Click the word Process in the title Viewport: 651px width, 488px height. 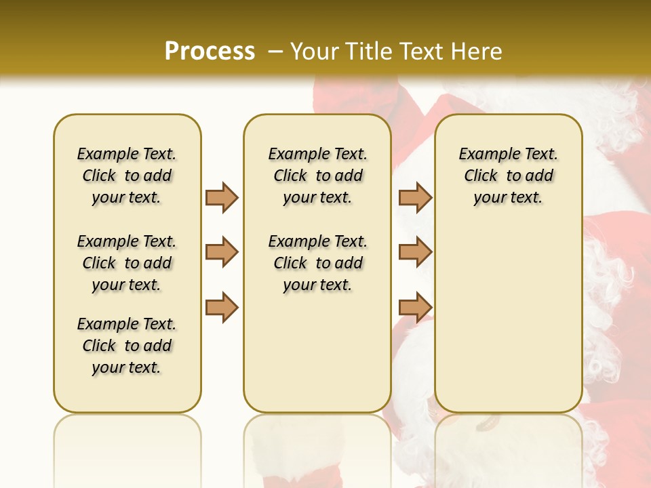[210, 52]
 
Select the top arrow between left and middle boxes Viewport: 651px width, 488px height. [222, 197]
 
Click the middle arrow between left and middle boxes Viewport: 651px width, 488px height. [222, 253]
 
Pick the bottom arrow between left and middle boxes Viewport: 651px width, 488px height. [222, 307]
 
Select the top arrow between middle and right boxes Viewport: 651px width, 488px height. [415, 197]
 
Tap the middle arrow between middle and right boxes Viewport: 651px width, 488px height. [415, 253]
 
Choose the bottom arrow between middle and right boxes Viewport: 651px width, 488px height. [415, 307]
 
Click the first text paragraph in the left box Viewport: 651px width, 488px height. [127, 176]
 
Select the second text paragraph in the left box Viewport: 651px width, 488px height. [127, 263]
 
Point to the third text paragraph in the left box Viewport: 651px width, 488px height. [127, 346]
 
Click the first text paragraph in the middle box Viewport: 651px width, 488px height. [317, 176]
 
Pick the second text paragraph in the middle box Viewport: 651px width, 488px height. [317, 263]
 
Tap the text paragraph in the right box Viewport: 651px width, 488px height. [508, 176]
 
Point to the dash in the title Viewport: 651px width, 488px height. [275, 52]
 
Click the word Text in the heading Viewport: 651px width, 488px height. [419, 52]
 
